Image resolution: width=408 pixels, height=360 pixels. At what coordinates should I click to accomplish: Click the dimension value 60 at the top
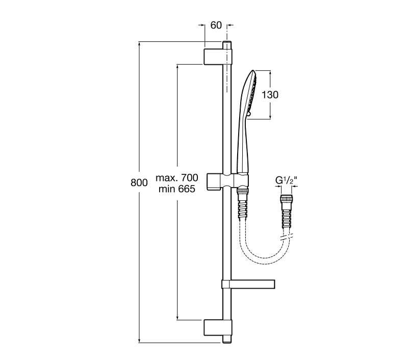tap(216, 25)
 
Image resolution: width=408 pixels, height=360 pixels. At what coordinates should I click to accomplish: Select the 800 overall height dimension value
tap(139, 183)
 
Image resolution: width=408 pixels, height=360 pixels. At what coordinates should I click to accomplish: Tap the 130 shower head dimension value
tap(270, 95)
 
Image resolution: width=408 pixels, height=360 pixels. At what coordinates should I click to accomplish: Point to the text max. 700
tap(177, 177)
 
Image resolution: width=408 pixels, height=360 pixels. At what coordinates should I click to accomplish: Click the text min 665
tap(177, 189)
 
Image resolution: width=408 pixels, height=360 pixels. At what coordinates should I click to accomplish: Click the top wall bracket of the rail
tap(218, 57)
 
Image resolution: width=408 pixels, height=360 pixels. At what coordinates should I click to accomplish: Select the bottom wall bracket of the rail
tap(218, 328)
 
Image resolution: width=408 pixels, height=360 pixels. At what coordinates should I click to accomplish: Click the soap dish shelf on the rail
tap(248, 285)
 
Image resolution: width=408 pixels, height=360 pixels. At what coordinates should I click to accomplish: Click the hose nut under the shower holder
tap(243, 191)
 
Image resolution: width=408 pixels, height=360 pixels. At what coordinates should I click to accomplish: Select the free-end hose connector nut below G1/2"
tap(286, 199)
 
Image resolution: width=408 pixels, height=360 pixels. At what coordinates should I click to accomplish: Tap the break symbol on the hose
tap(286, 237)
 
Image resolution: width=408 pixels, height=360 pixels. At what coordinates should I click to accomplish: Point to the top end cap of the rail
tap(227, 44)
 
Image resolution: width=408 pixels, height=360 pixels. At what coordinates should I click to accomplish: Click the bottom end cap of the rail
tap(227, 340)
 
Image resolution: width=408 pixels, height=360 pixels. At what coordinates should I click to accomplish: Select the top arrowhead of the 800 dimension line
tap(140, 44)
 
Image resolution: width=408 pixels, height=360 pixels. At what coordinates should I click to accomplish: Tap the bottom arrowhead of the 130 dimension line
tap(270, 117)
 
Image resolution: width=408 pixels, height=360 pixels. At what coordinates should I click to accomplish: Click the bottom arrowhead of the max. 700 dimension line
tap(177, 317)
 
